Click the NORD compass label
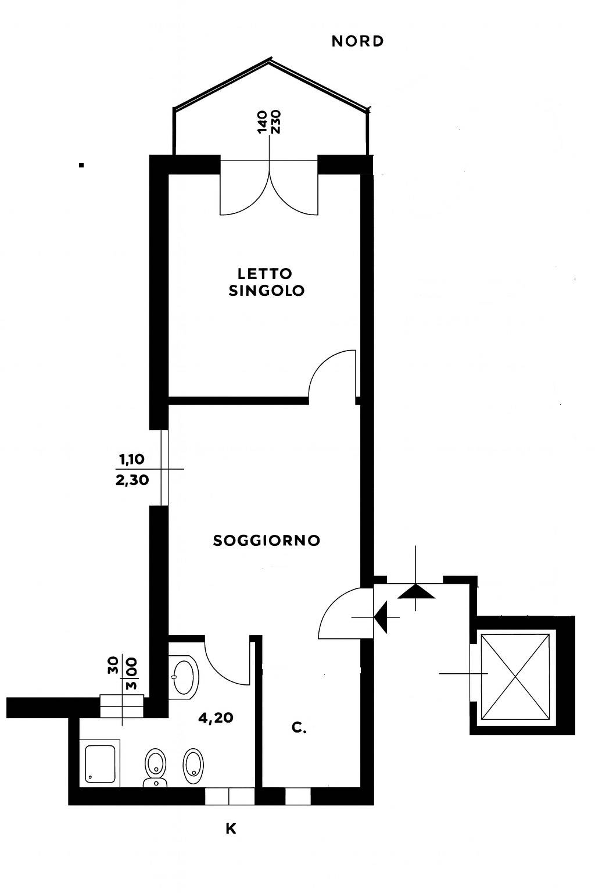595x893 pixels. [x=357, y=41]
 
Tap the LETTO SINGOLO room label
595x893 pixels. [x=266, y=282]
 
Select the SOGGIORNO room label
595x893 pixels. [x=267, y=541]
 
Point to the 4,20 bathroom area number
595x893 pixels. [x=216, y=718]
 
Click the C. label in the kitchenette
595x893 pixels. [x=299, y=728]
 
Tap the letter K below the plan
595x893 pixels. [x=231, y=829]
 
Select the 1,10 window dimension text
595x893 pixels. [x=132, y=459]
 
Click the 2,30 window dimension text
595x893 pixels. [x=132, y=480]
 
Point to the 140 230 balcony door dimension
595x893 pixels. [x=269, y=122]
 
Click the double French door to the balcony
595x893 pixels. [x=269, y=189]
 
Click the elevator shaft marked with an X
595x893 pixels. [x=515, y=677]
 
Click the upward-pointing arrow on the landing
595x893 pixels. [x=416, y=591]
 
